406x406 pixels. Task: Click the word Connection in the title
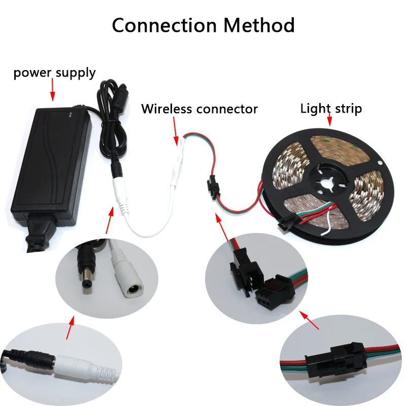click(164, 25)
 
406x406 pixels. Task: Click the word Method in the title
click(259, 25)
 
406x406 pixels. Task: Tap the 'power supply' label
click(54, 73)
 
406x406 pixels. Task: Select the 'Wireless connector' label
click(199, 109)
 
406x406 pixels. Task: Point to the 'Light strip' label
click(331, 109)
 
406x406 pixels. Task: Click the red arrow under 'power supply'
click(53, 89)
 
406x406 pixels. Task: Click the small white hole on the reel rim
click(380, 163)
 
